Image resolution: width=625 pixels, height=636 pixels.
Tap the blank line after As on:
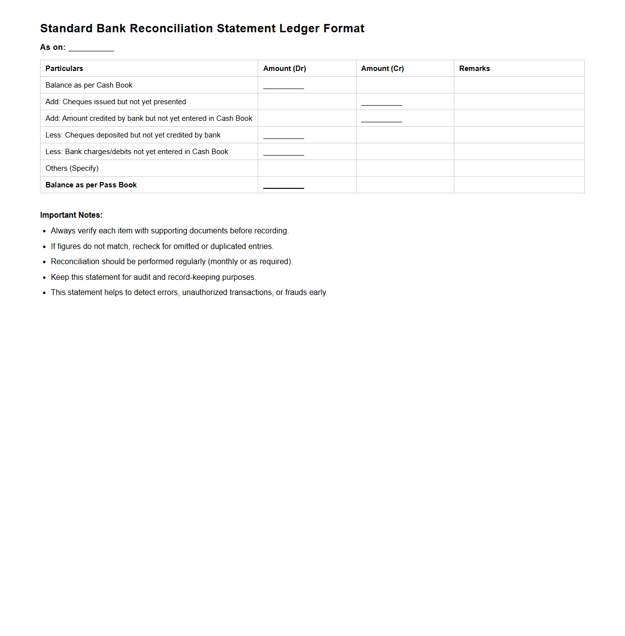coord(91,48)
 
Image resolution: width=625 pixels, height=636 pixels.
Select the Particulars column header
coord(64,68)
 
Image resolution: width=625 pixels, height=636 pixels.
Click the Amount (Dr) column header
coord(285,68)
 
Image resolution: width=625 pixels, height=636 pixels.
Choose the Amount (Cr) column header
coord(382,68)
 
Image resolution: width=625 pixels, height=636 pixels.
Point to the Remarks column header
coord(474,68)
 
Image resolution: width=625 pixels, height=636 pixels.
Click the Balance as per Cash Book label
coord(89,85)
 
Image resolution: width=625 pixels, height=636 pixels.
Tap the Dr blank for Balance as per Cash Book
coord(284,87)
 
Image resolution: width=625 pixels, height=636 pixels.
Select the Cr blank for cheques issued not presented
coord(381,103)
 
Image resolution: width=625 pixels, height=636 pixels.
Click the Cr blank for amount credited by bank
coord(381,120)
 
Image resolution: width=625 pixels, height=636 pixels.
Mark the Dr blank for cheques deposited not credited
coord(284,136)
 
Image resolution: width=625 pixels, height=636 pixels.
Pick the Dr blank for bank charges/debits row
coord(284,153)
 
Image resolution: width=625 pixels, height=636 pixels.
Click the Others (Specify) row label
coord(72,168)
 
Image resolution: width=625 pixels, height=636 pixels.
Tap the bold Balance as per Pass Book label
coord(91,185)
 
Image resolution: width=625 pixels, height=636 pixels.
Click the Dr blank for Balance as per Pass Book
coord(284,186)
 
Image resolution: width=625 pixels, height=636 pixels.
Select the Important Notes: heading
coord(71,215)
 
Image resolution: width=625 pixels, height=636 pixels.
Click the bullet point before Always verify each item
coord(44,231)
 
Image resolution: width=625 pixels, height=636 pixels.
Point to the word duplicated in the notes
coord(228,247)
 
